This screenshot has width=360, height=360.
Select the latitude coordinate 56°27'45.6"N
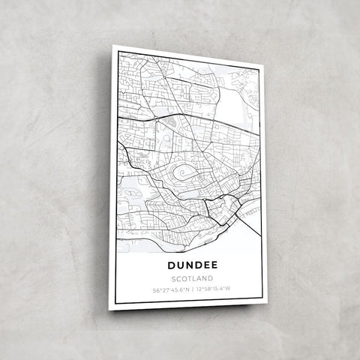coord(171,289)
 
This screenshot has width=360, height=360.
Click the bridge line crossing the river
coord(251,213)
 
